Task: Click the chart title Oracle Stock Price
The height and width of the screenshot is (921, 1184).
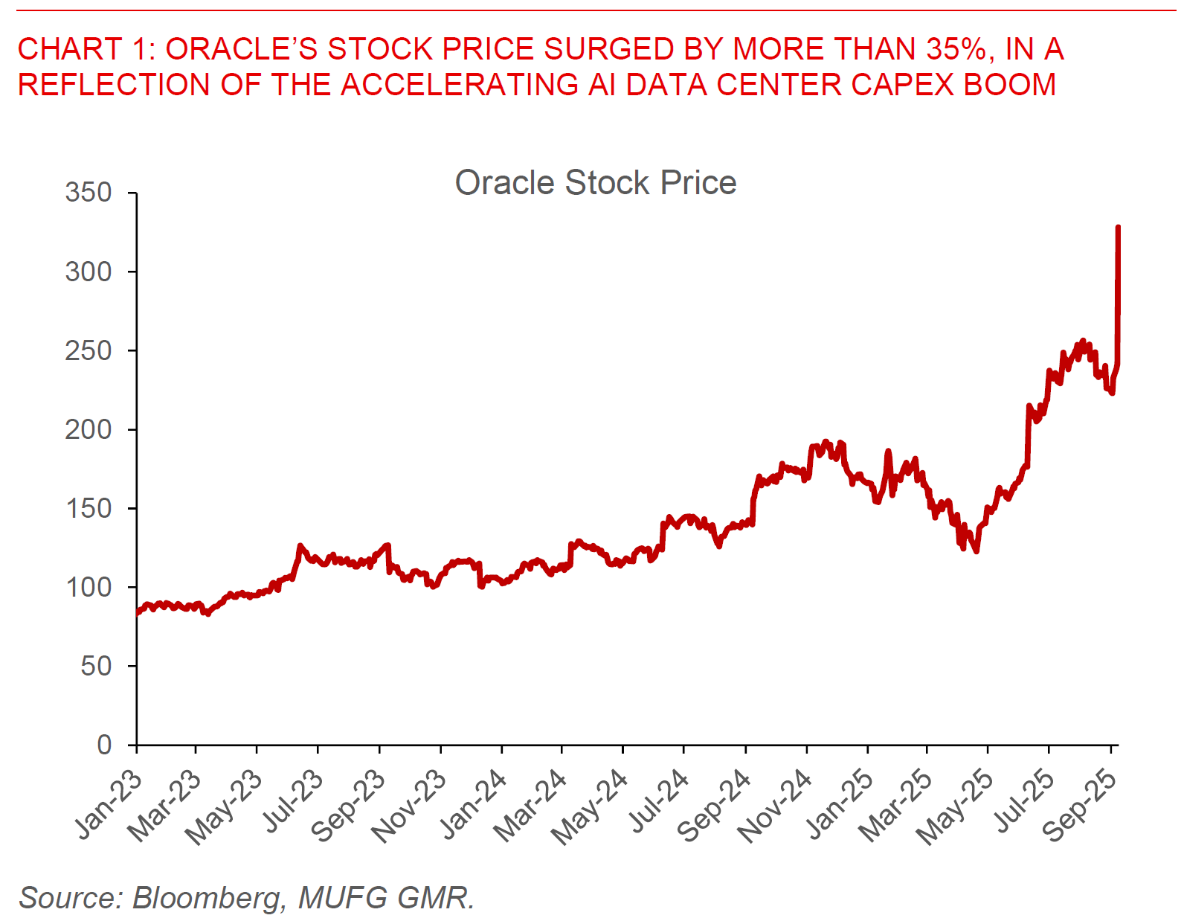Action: pos(595,183)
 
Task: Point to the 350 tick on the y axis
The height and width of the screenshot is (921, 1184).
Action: pos(89,193)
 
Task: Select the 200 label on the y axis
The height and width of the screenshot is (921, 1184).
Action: pos(89,429)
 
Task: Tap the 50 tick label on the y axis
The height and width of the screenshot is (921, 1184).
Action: pos(96,666)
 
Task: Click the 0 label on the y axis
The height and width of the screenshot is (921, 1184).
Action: pos(104,745)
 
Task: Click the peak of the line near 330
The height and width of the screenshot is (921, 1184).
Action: pos(1118,227)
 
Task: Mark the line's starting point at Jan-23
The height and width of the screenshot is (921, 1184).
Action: pos(138,612)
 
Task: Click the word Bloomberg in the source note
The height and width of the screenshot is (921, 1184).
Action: pos(207,898)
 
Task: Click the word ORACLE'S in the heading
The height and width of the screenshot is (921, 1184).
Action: pos(241,49)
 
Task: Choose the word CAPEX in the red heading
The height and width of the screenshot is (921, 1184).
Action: pos(902,85)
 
